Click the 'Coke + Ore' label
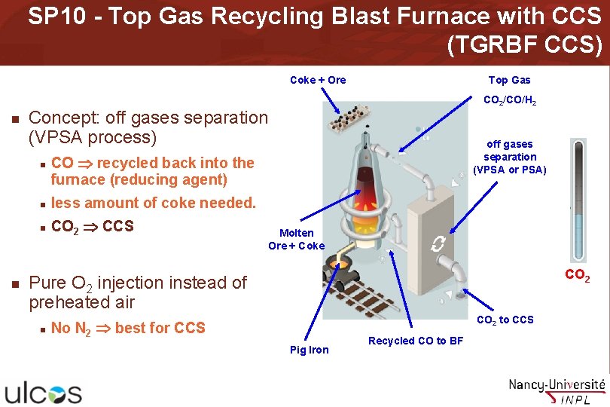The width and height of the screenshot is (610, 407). pyautogui.click(x=318, y=80)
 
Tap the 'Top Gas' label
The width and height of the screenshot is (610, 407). pyautogui.click(x=509, y=80)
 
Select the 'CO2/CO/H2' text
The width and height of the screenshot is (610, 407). pyautogui.click(x=509, y=100)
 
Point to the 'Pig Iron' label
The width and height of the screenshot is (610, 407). pyautogui.click(x=310, y=350)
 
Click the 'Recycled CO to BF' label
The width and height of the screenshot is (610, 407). pyautogui.click(x=416, y=341)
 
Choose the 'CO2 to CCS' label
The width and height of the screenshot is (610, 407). pyautogui.click(x=505, y=320)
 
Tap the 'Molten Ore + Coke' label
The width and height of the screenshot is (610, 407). pyautogui.click(x=296, y=240)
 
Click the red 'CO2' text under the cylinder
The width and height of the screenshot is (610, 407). pyautogui.click(x=578, y=277)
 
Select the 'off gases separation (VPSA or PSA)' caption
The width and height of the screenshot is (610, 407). pyautogui.click(x=509, y=157)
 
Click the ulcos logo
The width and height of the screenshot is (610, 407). pyautogui.click(x=44, y=392)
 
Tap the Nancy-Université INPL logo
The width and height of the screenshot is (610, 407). pyautogui.click(x=557, y=390)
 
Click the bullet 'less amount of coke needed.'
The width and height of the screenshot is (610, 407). pyautogui.click(x=154, y=203)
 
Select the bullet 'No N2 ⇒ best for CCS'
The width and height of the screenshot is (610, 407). pyautogui.click(x=128, y=328)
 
